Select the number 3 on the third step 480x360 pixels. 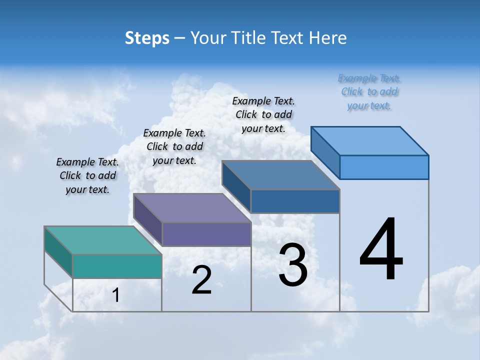(293, 265)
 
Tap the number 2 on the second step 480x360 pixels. (201, 280)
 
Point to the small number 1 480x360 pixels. (116, 295)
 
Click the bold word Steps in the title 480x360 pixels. (147, 38)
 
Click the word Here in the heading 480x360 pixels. (328, 38)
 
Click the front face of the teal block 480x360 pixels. (117, 266)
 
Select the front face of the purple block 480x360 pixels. (206, 234)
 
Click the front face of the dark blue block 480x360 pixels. (295, 201)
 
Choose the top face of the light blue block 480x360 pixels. (370, 140)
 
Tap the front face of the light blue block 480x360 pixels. (384, 167)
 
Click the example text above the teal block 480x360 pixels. (87, 175)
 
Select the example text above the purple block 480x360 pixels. (174, 146)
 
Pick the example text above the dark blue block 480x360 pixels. (263, 114)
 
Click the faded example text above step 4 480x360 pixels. (369, 91)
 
